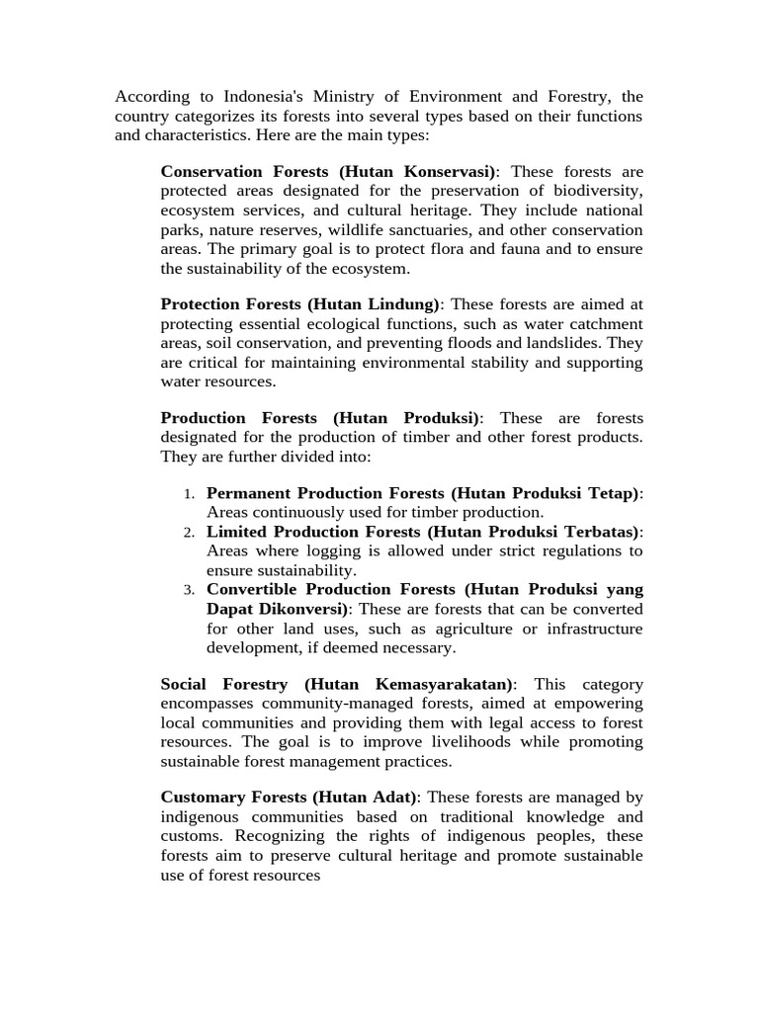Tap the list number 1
click(x=189, y=493)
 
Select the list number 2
click(x=189, y=532)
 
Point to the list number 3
click(x=189, y=590)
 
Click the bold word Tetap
click(x=614, y=493)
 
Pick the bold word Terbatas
click(x=597, y=532)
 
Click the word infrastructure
click(x=587, y=629)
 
